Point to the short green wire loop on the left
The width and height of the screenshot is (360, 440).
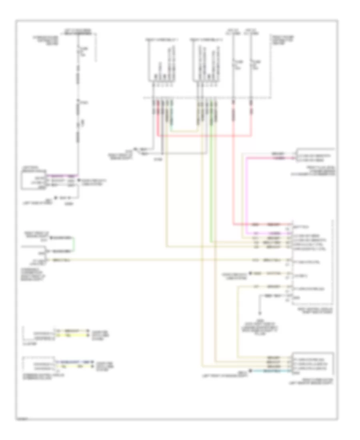pos(74,244)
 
